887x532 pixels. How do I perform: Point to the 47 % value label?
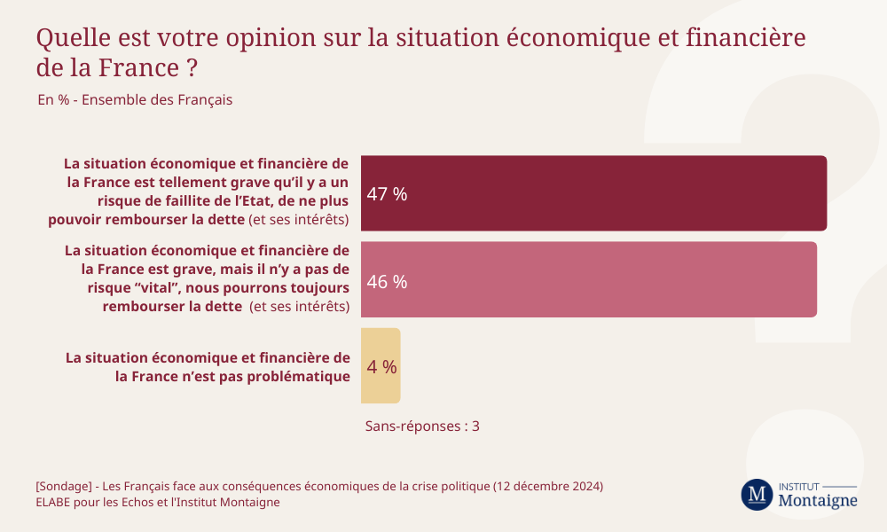click(x=387, y=194)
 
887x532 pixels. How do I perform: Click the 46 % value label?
click(x=387, y=282)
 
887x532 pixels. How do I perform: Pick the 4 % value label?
click(x=382, y=366)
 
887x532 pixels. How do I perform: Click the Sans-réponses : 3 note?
click(x=422, y=426)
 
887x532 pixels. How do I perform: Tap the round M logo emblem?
click(x=757, y=494)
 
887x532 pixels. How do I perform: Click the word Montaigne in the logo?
click(x=817, y=500)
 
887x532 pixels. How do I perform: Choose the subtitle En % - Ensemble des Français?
click(x=135, y=100)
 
